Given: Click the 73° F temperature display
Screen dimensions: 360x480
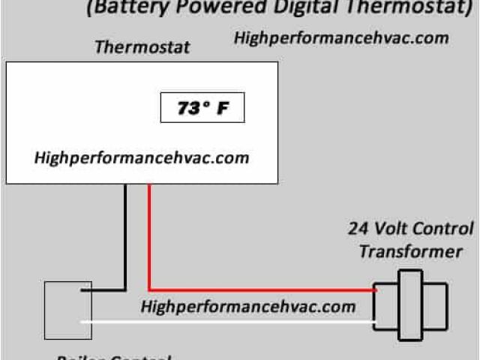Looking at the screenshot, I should [202, 109].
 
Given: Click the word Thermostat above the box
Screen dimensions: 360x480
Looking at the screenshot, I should [142, 47].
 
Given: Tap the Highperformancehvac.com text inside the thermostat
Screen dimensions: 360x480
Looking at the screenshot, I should [142, 158].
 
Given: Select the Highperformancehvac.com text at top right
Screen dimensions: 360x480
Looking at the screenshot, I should [341, 37].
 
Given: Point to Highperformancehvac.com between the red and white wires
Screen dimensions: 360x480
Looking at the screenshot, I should [248, 306].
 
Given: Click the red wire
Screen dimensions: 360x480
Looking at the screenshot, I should [150, 240].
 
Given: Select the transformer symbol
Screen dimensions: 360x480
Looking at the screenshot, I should [410, 307].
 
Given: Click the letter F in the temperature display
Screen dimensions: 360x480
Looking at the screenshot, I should [223, 109].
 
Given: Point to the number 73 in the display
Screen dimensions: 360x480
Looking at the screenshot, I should [186, 109].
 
